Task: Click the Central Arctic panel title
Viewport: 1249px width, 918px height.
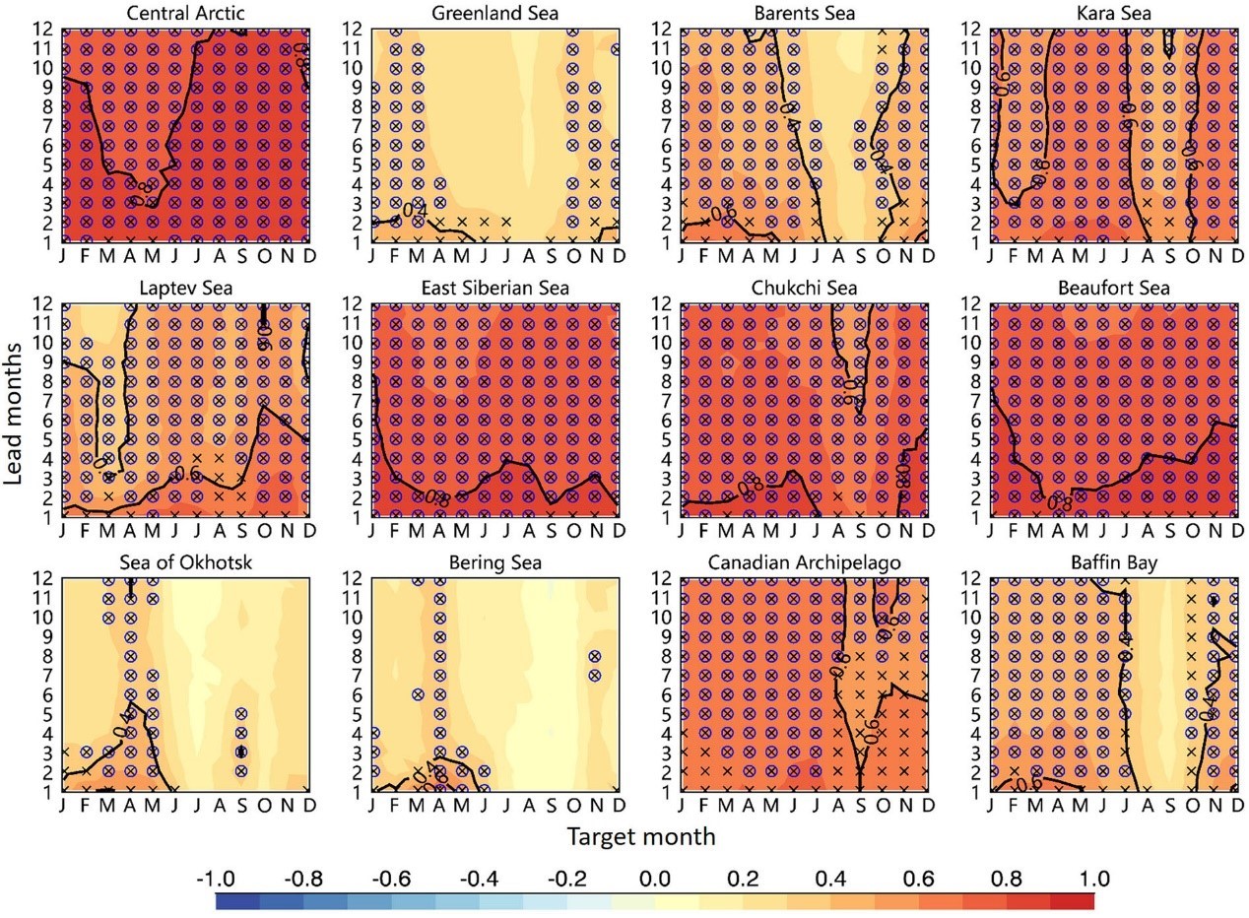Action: click(x=186, y=13)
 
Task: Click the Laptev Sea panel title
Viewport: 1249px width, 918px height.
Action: click(x=186, y=288)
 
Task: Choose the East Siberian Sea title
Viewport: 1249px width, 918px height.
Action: click(x=494, y=288)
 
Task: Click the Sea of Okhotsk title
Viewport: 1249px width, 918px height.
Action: click(x=186, y=562)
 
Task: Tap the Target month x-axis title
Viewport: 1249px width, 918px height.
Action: click(x=640, y=837)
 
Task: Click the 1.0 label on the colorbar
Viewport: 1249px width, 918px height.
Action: click(x=1093, y=879)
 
